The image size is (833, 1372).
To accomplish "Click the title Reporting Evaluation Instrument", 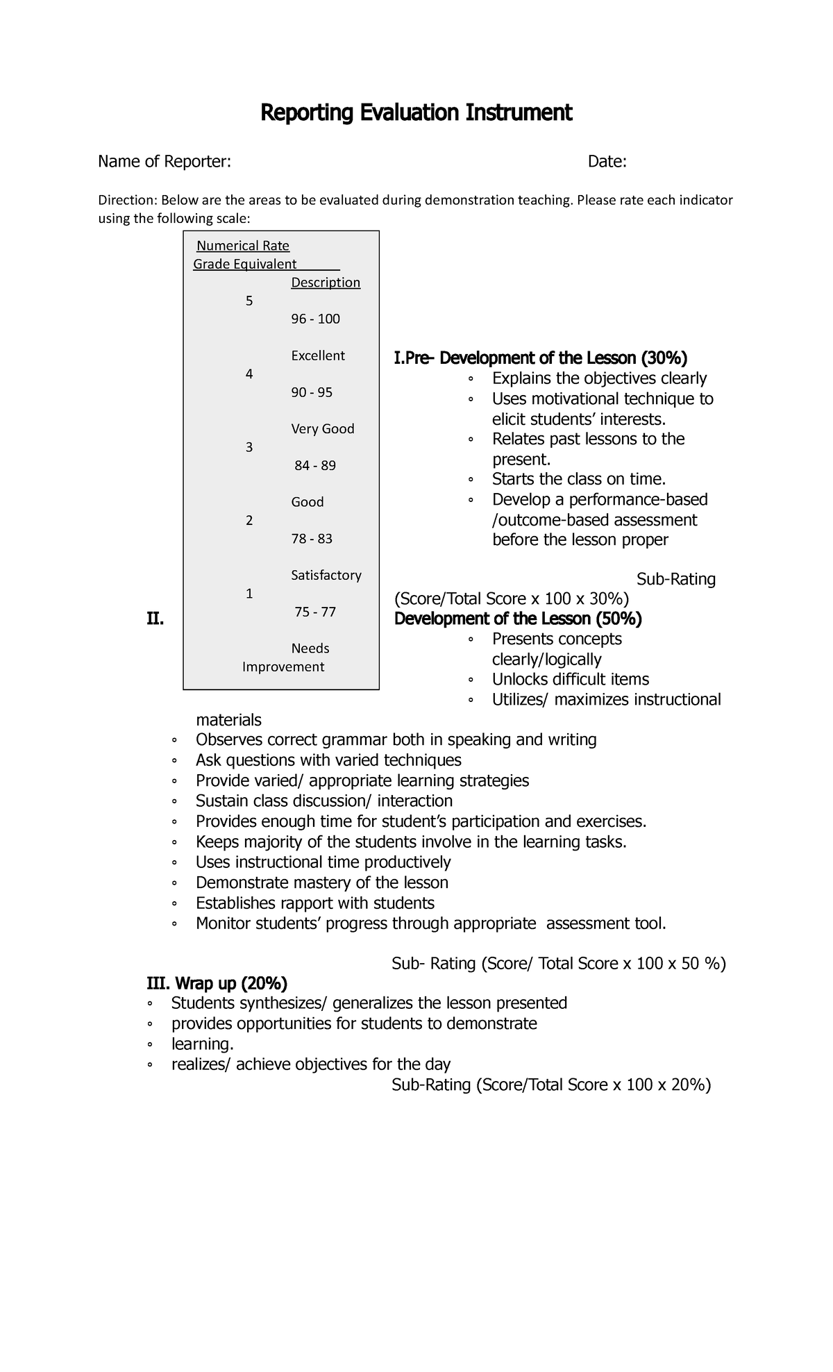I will (x=416, y=112).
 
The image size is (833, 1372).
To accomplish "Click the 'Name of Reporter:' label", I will (x=165, y=162).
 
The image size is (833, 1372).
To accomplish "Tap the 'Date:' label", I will (x=607, y=162).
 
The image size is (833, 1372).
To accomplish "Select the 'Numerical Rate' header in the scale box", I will (x=243, y=246).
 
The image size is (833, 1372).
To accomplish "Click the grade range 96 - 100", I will (x=315, y=319).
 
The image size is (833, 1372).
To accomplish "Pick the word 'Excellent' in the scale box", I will (x=317, y=356).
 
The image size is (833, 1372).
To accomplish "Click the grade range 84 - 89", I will (x=315, y=466).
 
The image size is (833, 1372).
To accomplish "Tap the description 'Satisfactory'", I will (x=326, y=576).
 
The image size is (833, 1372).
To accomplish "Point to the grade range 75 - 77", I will (x=315, y=612).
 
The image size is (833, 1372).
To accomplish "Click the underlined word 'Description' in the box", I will (x=326, y=283).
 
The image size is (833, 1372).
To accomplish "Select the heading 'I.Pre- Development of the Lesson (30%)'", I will (x=540, y=358).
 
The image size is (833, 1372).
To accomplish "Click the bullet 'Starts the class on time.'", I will (x=578, y=479).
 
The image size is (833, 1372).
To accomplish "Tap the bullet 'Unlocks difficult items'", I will (x=570, y=679).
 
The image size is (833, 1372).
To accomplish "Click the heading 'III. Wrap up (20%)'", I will (x=217, y=983).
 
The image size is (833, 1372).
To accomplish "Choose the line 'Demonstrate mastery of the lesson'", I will (x=321, y=882).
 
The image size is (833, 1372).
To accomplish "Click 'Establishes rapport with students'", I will (x=314, y=903).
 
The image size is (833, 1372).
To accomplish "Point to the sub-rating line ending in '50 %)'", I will (x=558, y=964).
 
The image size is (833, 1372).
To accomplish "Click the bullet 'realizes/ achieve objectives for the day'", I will (x=310, y=1064).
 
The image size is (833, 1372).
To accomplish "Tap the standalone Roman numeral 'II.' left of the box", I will (x=155, y=619).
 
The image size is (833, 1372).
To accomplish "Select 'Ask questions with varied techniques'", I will (x=328, y=760).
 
